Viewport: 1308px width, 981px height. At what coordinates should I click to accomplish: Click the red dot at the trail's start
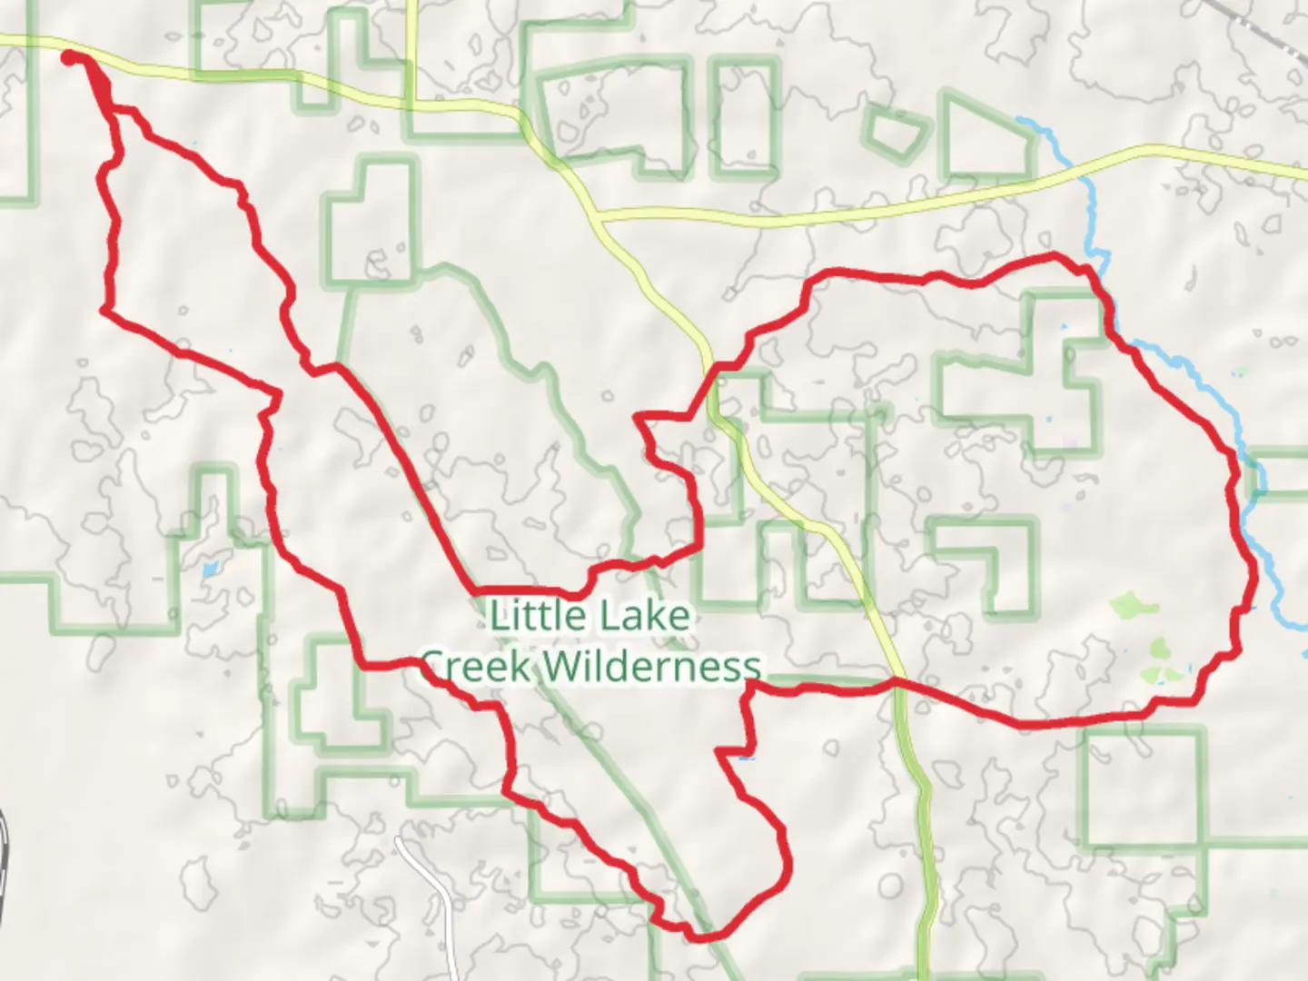(68, 58)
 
